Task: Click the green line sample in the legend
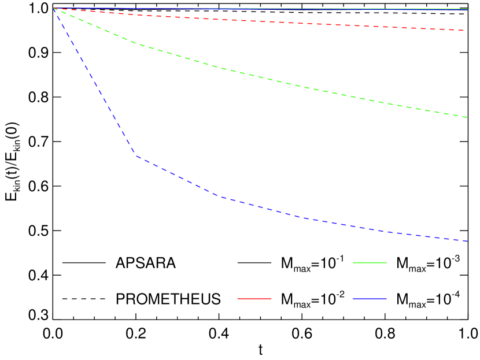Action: [x=370, y=263]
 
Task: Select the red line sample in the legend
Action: [x=254, y=299]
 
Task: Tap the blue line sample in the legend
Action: [x=370, y=299]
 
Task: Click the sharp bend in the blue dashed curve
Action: [x=136, y=155]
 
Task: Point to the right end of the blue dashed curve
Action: [x=467, y=241]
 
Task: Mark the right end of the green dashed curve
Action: [x=467, y=117]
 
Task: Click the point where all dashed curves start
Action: [x=53, y=8]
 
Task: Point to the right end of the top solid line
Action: [x=467, y=9]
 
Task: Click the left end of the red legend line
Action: [x=238, y=299]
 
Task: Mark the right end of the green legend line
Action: [x=386, y=263]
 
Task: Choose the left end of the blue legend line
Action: [x=353, y=299]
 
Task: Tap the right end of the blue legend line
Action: [x=386, y=299]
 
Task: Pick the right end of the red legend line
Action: [x=271, y=299]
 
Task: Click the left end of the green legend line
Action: [x=353, y=263]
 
